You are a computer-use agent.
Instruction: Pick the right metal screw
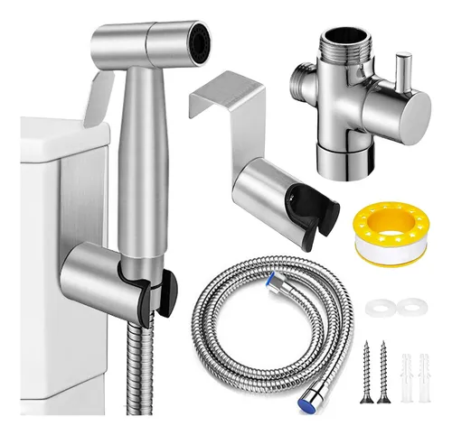coord(381,371)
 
